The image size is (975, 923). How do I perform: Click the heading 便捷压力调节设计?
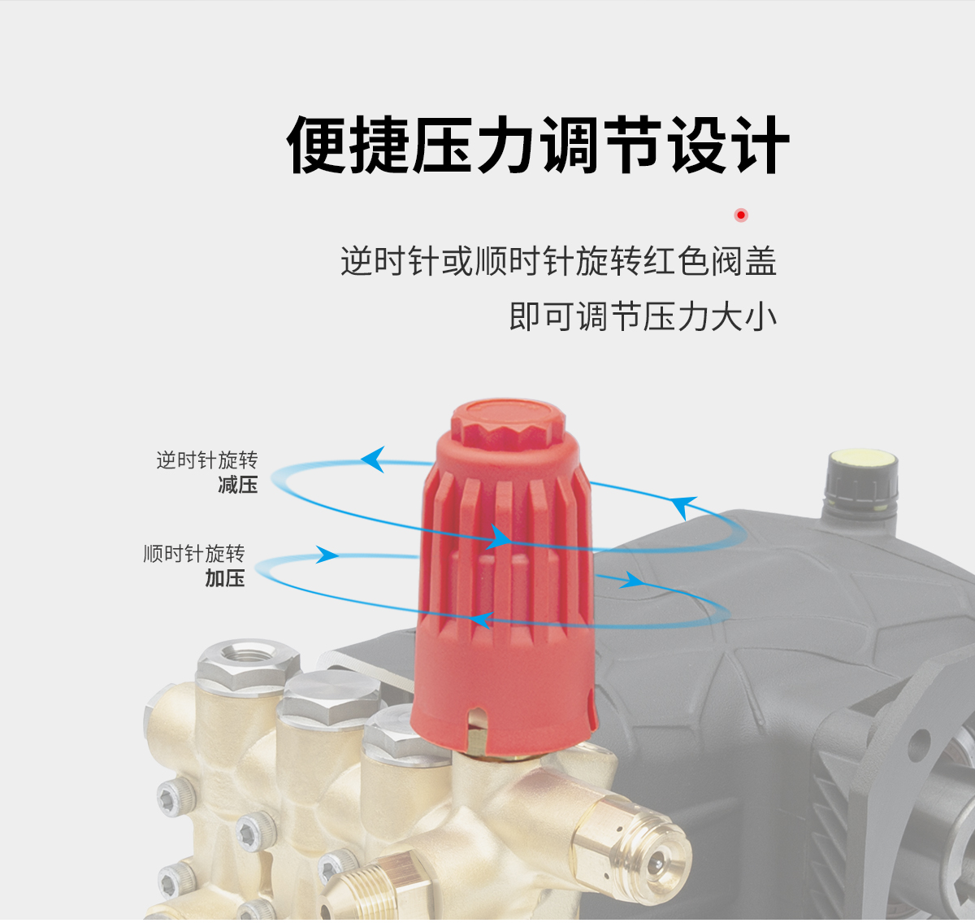tap(538, 145)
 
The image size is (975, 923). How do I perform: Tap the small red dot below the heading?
tap(741, 215)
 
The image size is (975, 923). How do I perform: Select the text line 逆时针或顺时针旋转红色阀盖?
tap(558, 261)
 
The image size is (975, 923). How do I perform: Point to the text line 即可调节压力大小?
tap(643, 316)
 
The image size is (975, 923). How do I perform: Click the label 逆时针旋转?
tap(207, 460)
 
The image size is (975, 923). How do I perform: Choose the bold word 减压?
tap(238, 485)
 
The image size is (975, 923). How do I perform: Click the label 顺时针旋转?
tap(194, 553)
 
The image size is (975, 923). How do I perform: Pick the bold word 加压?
tap(225, 578)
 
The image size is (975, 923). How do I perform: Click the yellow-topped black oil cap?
tap(861, 483)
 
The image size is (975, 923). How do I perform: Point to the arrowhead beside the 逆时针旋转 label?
tap(374, 459)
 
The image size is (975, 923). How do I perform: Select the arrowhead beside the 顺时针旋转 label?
tap(327, 555)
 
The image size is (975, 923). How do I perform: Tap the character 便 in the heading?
tap(316, 145)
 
